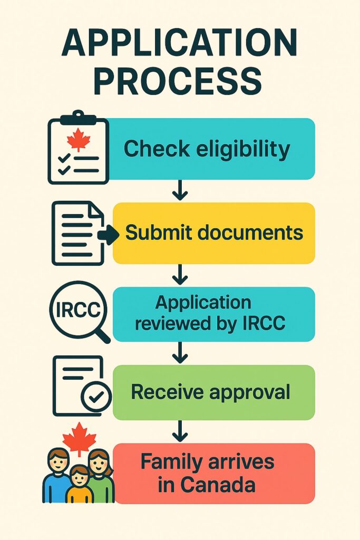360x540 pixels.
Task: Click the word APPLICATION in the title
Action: click(179, 44)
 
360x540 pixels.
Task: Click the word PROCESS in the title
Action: click(179, 81)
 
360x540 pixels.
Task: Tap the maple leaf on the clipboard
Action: click(79, 140)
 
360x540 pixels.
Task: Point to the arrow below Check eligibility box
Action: click(180, 190)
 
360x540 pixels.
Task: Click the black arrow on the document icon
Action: click(109, 236)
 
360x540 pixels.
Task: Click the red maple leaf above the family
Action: click(80, 437)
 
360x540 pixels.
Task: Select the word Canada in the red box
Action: click(222, 484)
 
